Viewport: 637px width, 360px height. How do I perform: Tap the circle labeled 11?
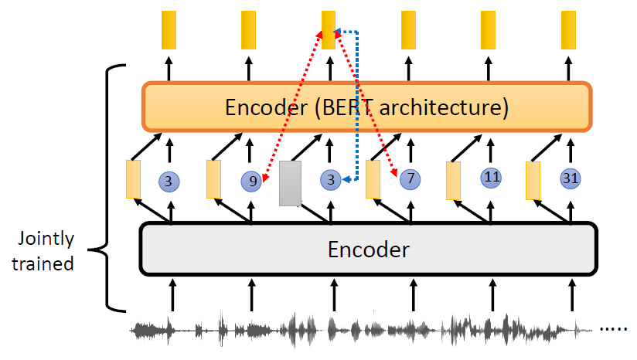(491, 177)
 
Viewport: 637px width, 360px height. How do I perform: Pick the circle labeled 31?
(571, 178)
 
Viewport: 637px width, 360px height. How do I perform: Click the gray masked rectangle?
(290, 183)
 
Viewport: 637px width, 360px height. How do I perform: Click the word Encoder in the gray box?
(368, 249)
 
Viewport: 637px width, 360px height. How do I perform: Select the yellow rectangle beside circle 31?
(533, 181)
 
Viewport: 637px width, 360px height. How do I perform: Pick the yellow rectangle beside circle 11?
(454, 181)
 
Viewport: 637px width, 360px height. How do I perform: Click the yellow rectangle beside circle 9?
(214, 179)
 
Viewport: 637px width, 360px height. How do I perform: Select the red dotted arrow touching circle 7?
(366, 104)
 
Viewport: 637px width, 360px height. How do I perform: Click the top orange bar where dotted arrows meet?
(329, 29)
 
